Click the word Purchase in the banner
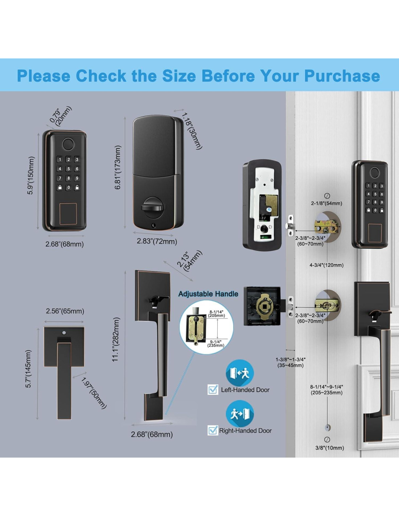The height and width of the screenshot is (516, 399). click(342, 76)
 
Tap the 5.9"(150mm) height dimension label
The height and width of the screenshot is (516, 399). click(31, 176)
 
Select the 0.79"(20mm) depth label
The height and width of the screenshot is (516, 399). click(61, 116)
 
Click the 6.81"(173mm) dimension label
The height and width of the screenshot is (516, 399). click(118, 167)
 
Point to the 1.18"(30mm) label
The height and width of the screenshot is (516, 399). click(192, 131)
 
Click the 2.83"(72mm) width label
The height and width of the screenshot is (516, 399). click(157, 241)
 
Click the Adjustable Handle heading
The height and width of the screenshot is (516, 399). click(208, 294)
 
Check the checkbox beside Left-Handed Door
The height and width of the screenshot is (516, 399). click(213, 389)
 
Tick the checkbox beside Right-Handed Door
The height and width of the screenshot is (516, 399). click(213, 430)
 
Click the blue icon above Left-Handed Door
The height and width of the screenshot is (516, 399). click(240, 373)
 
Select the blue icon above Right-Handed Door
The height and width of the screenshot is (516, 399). click(240, 414)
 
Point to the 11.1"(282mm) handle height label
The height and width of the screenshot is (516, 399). click(116, 340)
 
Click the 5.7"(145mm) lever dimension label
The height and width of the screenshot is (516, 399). click(28, 369)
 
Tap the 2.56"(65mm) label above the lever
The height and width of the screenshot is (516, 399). click(65, 311)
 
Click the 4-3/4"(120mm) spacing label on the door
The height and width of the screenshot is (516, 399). click(326, 265)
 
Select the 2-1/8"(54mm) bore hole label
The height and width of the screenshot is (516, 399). click(326, 203)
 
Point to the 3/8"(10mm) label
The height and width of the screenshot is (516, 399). click(329, 448)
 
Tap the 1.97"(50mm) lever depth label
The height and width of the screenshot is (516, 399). click(94, 393)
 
